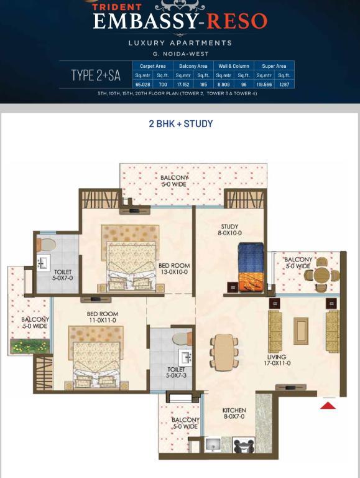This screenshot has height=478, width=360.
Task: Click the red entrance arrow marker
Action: [x=328, y=406]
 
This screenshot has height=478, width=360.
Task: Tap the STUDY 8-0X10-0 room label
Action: [x=229, y=230]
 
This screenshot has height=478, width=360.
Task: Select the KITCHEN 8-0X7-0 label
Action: [x=234, y=413]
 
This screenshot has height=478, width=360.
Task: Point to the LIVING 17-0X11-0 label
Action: [x=277, y=360]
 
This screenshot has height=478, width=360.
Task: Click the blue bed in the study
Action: [x=251, y=267]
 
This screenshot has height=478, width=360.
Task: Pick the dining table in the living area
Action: [x=224, y=352]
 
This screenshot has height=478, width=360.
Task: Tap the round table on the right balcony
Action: [x=323, y=274]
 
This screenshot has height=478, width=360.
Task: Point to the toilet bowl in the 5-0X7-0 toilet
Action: [x=46, y=245]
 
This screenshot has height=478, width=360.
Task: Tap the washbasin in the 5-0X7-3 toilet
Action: [x=185, y=358]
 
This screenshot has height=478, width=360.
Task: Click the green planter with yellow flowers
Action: [x=30, y=347]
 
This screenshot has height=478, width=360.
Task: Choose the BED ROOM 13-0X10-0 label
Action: [x=174, y=269]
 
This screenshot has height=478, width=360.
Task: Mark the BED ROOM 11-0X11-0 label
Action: [x=103, y=317]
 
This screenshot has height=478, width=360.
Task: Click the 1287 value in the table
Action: [x=284, y=84]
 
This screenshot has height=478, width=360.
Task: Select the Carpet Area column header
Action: [x=152, y=66]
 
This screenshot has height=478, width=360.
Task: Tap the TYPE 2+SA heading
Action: [x=96, y=75]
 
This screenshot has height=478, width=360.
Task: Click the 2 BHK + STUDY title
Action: [x=180, y=124]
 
